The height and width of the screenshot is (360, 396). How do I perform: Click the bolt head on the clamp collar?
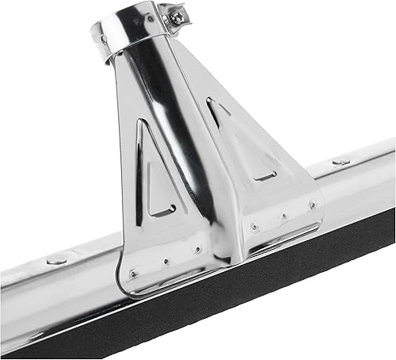(175, 13)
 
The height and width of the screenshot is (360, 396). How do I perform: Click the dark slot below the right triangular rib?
(265, 175)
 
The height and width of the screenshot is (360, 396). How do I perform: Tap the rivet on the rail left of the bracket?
(56, 260)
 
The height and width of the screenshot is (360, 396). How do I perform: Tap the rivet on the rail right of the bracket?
(341, 161)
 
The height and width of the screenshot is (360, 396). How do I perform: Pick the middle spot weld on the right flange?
(283, 215)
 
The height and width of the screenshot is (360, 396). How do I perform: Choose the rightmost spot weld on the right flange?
(311, 204)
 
